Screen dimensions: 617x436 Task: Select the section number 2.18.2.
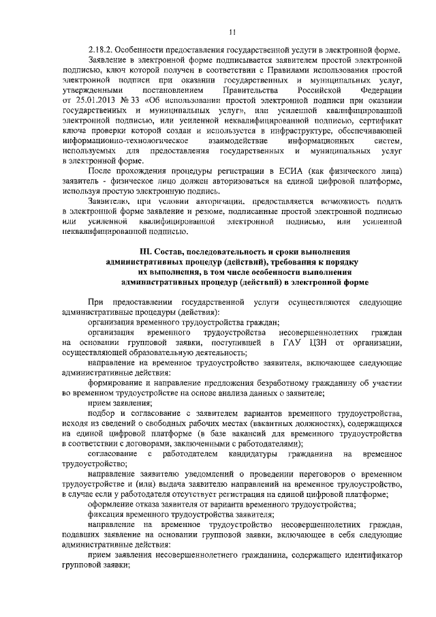[x=102, y=50]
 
